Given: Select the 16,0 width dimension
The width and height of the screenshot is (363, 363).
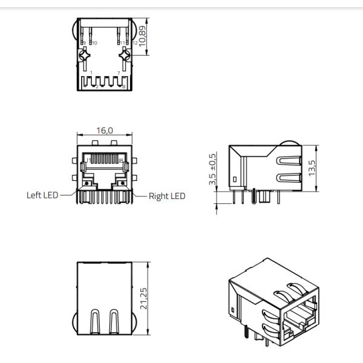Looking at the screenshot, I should pos(105,129).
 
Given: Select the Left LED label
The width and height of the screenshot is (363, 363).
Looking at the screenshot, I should pos(42,195).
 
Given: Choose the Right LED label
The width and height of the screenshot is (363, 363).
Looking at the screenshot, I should pos(167,196).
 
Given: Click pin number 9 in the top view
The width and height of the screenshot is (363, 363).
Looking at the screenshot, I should pos(83,43).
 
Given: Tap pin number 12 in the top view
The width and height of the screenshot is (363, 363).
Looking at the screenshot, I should pos(134,43).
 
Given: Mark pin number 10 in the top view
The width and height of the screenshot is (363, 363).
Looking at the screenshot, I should pos(94,43).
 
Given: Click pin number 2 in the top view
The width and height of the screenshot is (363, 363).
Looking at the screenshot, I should pos(96,87).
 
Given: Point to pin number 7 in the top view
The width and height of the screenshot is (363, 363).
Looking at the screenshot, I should pos(118,73).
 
